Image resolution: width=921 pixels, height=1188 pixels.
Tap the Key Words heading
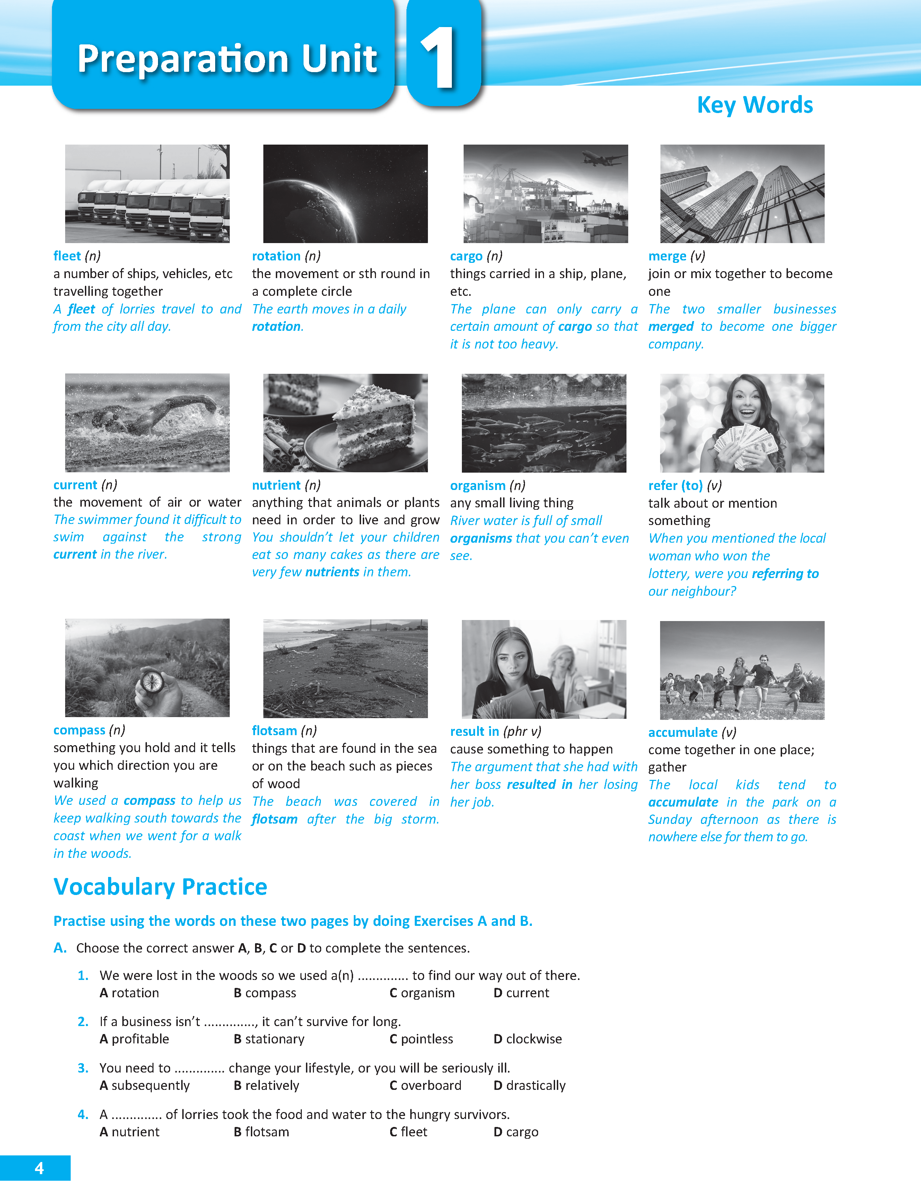755,105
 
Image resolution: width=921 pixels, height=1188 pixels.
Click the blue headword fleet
67,256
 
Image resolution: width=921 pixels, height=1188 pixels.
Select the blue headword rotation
276,256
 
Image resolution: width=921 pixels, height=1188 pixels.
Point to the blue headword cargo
466,256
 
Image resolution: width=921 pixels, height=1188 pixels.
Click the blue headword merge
667,256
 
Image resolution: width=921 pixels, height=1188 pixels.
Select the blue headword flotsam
274,731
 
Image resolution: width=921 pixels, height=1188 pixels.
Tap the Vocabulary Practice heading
160,887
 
